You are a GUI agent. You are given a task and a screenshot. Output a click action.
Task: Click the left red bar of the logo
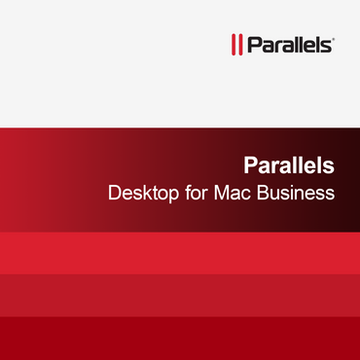click(232, 44)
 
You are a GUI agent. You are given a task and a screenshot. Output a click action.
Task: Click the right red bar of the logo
click(238, 44)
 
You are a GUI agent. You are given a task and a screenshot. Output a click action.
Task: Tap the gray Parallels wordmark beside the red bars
click(289, 44)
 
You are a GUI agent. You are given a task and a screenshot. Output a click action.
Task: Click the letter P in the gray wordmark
click(252, 44)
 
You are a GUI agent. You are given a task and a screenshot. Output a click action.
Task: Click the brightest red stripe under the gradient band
click(180, 251)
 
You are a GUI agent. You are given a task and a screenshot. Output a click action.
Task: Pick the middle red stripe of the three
click(180, 294)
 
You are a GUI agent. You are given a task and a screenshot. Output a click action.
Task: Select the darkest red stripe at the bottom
click(180, 338)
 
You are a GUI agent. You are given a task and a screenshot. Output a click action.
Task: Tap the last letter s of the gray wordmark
click(328, 45)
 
